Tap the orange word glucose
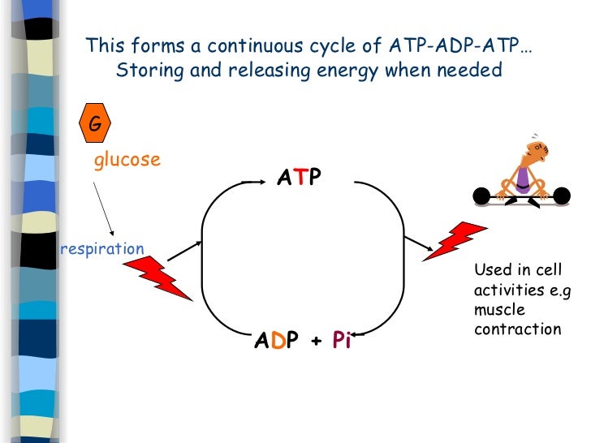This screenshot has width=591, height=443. coord(127,160)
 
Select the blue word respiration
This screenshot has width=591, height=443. coord(102,249)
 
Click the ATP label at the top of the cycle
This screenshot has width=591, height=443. coord(299,177)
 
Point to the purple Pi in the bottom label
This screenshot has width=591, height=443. coord(341,342)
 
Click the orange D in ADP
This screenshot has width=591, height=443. coord(278,342)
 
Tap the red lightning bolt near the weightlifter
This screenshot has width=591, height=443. coord(455,241)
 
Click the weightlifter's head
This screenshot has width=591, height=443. coord(537,148)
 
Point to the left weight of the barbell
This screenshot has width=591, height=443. coord(481,196)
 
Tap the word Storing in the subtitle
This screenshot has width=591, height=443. coord(146,70)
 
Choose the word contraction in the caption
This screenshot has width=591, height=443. coord(517,329)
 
